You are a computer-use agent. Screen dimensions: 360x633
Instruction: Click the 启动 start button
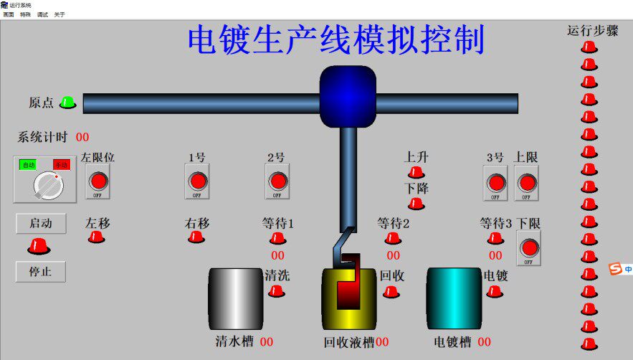(x=41, y=224)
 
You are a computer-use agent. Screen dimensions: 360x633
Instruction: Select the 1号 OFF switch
(x=197, y=181)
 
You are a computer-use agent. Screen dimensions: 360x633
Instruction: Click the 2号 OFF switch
(x=277, y=181)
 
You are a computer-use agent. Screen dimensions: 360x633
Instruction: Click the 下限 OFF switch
(x=528, y=248)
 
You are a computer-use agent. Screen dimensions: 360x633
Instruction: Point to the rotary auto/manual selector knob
(x=49, y=186)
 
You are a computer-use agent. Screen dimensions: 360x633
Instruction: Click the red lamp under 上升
(x=416, y=172)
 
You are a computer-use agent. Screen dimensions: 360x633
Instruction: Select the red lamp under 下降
(x=416, y=204)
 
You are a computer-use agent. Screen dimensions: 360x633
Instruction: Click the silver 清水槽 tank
(x=236, y=298)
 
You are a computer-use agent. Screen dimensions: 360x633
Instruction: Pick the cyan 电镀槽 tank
(x=454, y=298)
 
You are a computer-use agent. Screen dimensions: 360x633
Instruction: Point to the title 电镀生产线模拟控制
(x=336, y=39)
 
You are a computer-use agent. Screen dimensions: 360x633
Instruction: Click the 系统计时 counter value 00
(x=82, y=137)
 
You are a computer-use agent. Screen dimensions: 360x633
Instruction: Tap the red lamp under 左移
(x=96, y=237)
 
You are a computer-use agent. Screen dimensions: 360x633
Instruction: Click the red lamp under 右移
(x=196, y=237)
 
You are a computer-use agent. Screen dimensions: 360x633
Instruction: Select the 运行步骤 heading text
(x=592, y=31)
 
